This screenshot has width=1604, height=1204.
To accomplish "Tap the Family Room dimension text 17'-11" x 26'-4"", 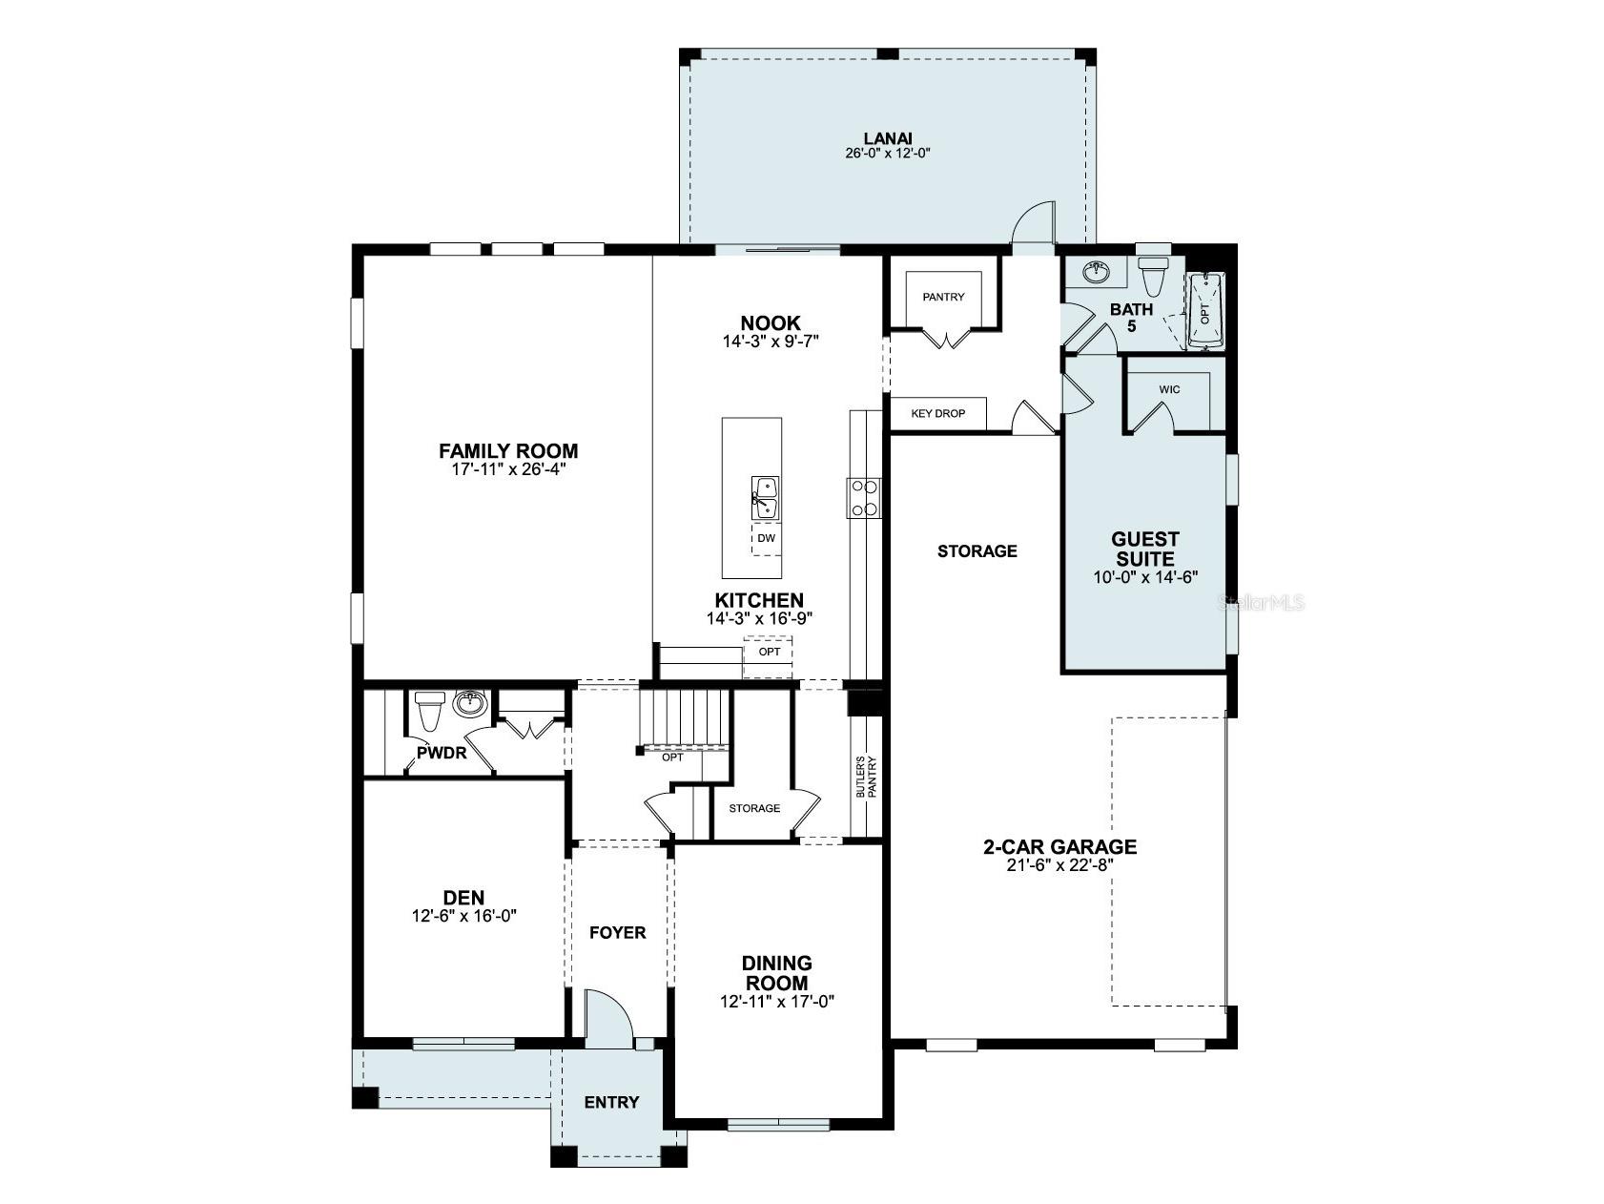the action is (x=508, y=469).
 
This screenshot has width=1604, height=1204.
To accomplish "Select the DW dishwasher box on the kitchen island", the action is (x=766, y=538).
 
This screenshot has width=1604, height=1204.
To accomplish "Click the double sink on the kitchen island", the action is (x=765, y=499).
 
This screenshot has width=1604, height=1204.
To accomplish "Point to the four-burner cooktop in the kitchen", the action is (x=864, y=498).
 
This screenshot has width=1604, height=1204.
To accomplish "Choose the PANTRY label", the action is (x=943, y=297).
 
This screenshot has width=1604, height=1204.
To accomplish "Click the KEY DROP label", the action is (x=938, y=413).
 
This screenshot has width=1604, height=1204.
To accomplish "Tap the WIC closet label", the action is (x=1169, y=390).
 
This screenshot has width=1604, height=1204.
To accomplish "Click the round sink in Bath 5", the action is (x=1099, y=272).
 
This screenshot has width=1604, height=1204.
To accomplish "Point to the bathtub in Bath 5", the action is (x=1205, y=312).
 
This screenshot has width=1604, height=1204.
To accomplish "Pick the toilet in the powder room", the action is (x=430, y=710).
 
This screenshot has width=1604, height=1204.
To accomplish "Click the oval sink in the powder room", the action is (x=469, y=704).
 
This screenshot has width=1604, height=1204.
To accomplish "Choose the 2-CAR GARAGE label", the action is (x=1059, y=846).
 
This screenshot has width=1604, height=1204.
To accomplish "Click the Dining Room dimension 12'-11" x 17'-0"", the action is (x=777, y=1001).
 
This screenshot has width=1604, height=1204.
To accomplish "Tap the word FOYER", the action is (x=617, y=932).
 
